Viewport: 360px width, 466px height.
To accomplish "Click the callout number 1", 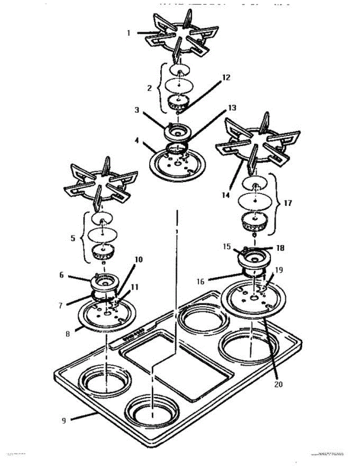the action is point(129,33).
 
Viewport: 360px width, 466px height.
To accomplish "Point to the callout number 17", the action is point(288,203).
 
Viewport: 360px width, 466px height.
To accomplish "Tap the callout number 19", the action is point(279,270).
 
